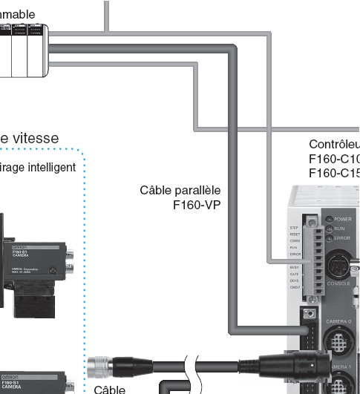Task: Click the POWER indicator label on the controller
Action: coord(343,220)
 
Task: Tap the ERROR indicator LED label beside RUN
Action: coord(343,239)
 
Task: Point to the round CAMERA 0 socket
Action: coord(341,341)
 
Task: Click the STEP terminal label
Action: coord(295,228)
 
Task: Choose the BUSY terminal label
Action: coord(295,266)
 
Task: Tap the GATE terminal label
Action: coord(295,274)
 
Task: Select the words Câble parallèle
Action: coord(180,191)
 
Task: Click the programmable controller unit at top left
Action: coord(22,48)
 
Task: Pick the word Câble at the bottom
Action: coord(110,388)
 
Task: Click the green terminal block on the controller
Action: coord(317,252)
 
